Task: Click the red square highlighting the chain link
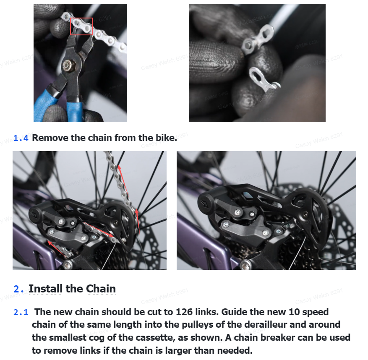(81, 18)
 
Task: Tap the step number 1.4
(21, 138)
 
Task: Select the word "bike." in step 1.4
(167, 138)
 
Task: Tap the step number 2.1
(21, 312)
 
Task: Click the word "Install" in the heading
(46, 289)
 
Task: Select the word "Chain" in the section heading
(101, 289)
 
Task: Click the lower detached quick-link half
(264, 80)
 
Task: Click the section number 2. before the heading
(19, 289)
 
